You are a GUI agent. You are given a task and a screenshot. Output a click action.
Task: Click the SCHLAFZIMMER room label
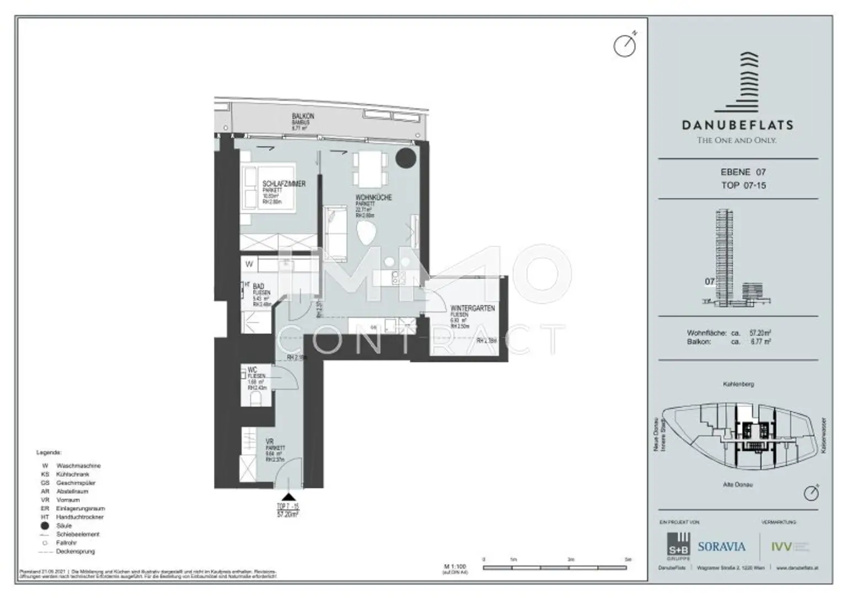tap(283, 184)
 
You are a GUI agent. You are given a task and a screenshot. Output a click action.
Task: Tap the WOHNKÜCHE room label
tap(373, 197)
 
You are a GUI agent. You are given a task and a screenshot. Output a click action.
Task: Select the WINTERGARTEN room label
tap(473, 309)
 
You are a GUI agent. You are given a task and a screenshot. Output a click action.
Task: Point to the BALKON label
tap(303, 117)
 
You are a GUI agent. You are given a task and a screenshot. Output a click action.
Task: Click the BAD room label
tap(258, 287)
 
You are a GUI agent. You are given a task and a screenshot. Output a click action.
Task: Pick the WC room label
tap(253, 370)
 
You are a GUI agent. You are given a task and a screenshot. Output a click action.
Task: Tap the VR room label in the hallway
tap(270, 442)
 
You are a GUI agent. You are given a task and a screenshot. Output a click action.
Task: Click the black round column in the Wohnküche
tap(406, 158)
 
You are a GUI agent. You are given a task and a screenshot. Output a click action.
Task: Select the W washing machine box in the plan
tap(249, 265)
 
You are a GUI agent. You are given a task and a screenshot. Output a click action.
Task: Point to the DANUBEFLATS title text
tap(737, 125)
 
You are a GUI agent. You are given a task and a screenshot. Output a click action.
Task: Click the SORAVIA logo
tap(721, 547)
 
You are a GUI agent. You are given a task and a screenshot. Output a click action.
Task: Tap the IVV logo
tap(781, 547)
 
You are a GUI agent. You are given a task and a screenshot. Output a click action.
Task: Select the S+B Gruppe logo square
tap(678, 545)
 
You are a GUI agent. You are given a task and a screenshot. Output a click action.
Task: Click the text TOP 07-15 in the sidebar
tap(743, 185)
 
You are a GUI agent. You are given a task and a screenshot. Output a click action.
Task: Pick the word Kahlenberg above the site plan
tap(738, 384)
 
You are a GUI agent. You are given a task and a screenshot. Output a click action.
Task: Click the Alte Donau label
tap(738, 484)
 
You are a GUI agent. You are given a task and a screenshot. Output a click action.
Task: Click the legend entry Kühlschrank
tap(72, 474)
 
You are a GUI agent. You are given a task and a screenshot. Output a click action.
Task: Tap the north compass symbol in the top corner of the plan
tap(625, 45)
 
